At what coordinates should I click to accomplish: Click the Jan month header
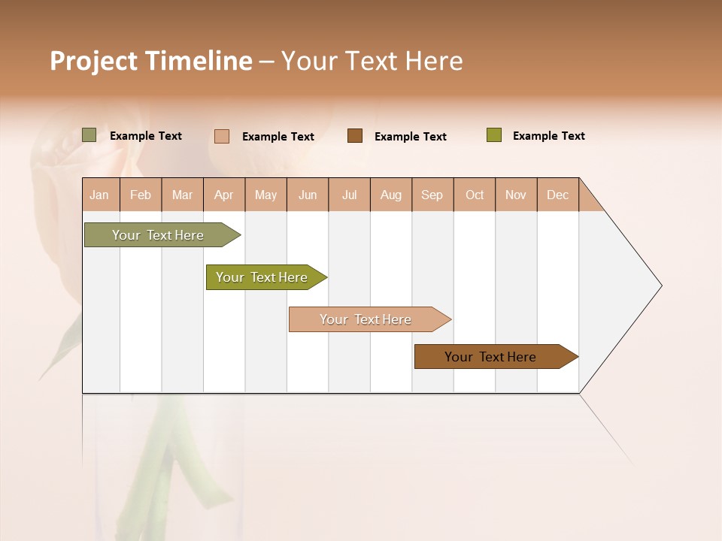(x=99, y=195)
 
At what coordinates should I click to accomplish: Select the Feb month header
(x=141, y=195)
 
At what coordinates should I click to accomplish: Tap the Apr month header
(x=223, y=195)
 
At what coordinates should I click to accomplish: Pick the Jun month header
(x=308, y=195)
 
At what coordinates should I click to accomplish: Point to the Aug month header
(x=390, y=195)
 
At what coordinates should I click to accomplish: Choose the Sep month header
(x=432, y=195)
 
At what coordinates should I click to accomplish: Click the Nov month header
(x=515, y=195)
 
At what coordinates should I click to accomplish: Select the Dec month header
(x=557, y=195)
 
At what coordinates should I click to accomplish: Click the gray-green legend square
(x=89, y=135)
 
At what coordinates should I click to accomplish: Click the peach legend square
(x=222, y=136)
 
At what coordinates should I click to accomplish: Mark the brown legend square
(x=355, y=136)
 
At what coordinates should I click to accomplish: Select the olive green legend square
(x=493, y=135)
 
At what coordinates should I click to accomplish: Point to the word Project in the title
(x=94, y=62)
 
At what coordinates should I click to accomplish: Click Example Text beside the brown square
(x=410, y=137)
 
